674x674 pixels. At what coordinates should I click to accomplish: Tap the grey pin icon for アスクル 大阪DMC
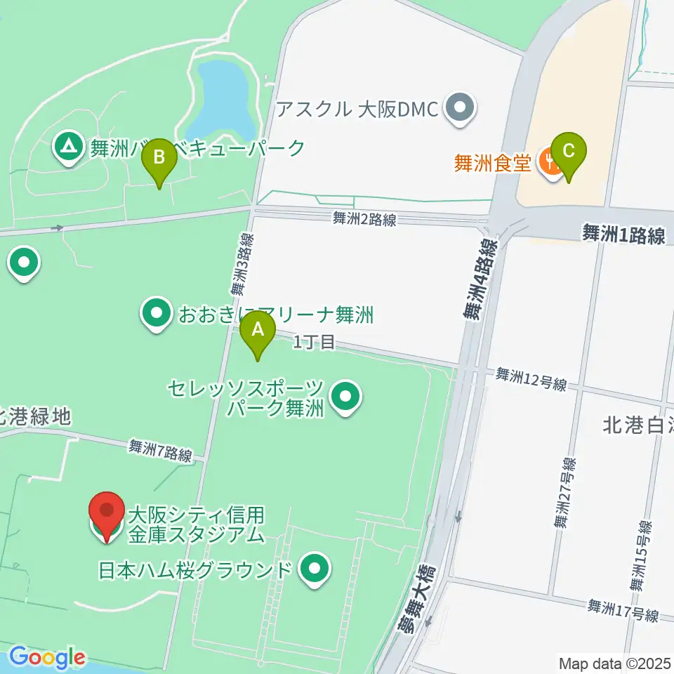(461, 109)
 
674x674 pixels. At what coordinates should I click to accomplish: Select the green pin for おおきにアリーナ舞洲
(156, 313)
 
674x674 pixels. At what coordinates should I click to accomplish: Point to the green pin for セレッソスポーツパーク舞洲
(345, 397)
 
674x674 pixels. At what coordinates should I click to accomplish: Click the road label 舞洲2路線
(364, 220)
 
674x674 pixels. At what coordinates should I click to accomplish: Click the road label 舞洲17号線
(623, 610)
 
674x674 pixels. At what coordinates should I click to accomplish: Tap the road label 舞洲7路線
(160, 450)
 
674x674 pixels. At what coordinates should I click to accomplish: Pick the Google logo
(46, 657)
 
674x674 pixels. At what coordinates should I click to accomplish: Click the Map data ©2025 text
(614, 663)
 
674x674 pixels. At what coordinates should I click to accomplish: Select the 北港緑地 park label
(35, 417)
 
